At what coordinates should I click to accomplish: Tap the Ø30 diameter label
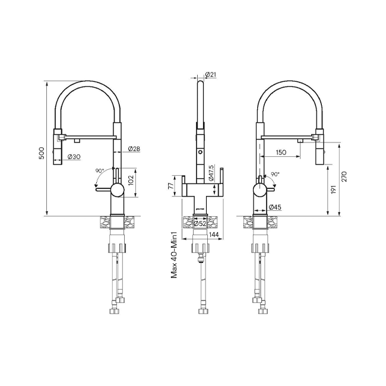(x=74, y=157)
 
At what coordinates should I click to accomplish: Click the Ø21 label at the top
(x=210, y=74)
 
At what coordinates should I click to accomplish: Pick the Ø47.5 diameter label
(x=211, y=173)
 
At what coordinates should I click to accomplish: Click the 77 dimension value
(x=171, y=186)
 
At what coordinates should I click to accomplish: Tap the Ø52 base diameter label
(x=200, y=223)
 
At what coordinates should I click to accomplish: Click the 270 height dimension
(x=344, y=176)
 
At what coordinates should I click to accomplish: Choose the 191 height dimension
(x=334, y=188)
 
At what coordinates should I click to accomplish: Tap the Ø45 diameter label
(x=274, y=207)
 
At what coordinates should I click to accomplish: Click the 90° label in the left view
(x=99, y=170)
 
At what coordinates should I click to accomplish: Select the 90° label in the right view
(x=274, y=175)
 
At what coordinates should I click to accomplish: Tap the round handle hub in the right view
(x=260, y=190)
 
